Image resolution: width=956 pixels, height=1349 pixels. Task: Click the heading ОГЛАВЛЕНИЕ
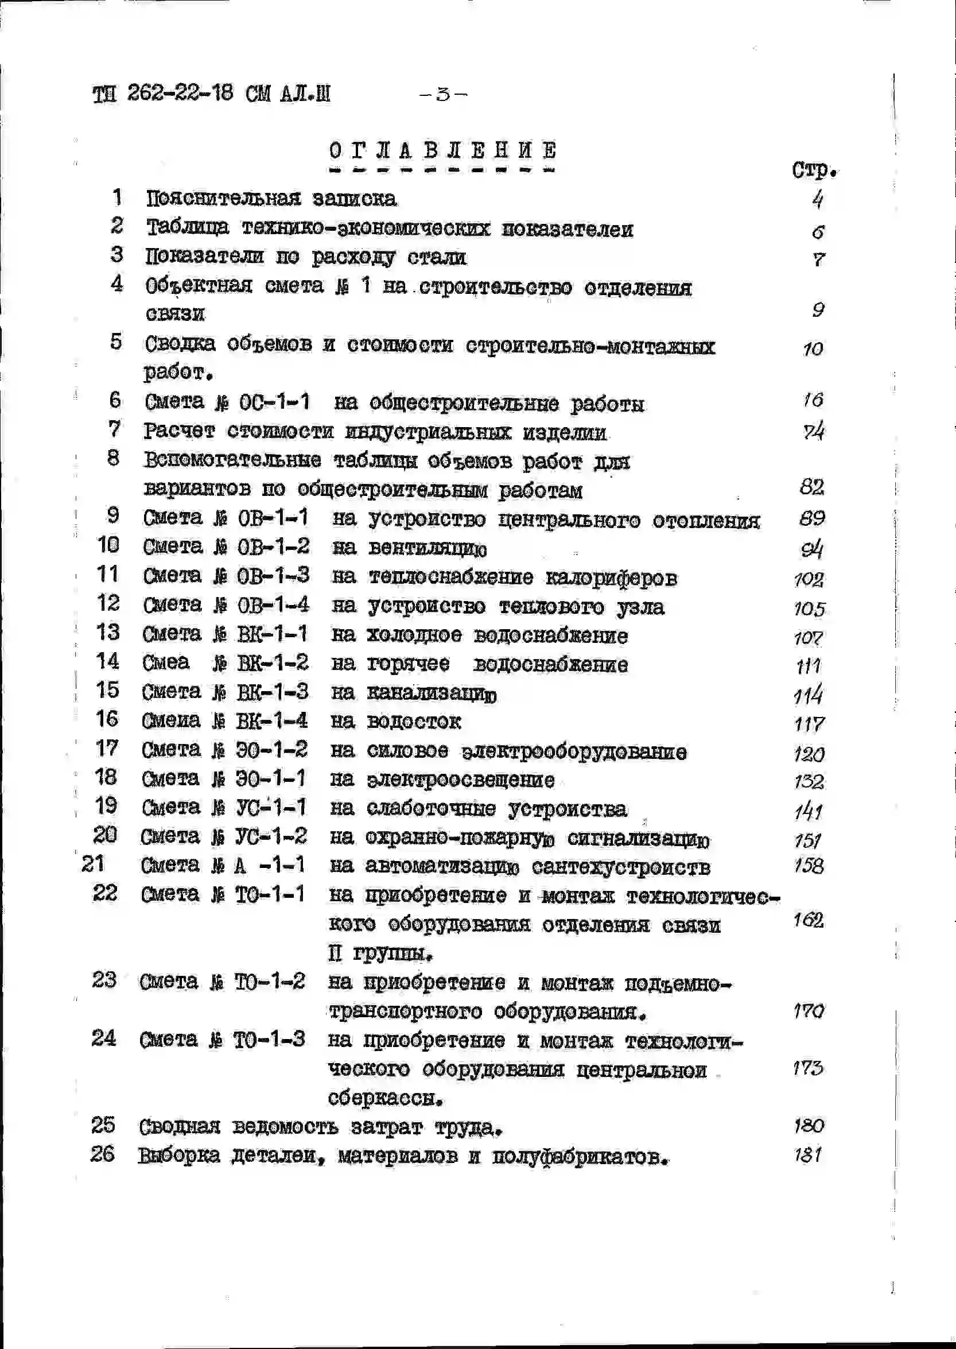pos(442,151)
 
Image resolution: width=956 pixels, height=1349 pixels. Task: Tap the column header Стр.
pos(814,170)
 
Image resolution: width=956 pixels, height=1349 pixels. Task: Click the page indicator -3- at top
pos(443,94)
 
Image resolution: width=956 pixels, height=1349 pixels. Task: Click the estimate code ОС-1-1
pos(274,402)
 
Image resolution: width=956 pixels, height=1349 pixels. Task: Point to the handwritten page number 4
pos(818,200)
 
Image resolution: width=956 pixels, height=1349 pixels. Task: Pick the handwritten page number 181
pos(807,1155)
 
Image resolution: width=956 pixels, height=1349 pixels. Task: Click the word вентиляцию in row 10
pos(428,548)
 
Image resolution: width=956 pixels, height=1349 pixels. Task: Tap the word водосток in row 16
pos(414,722)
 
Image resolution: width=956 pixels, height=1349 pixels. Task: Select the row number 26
pos(102,1153)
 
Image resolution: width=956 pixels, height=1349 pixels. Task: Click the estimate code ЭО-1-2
pos(271,750)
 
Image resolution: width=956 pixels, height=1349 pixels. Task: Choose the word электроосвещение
pos(460,780)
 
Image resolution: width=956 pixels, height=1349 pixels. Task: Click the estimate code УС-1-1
pos(271,807)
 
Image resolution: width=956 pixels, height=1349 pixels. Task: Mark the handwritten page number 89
pos(812,518)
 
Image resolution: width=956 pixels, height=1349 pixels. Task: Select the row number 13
pos(108,633)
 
